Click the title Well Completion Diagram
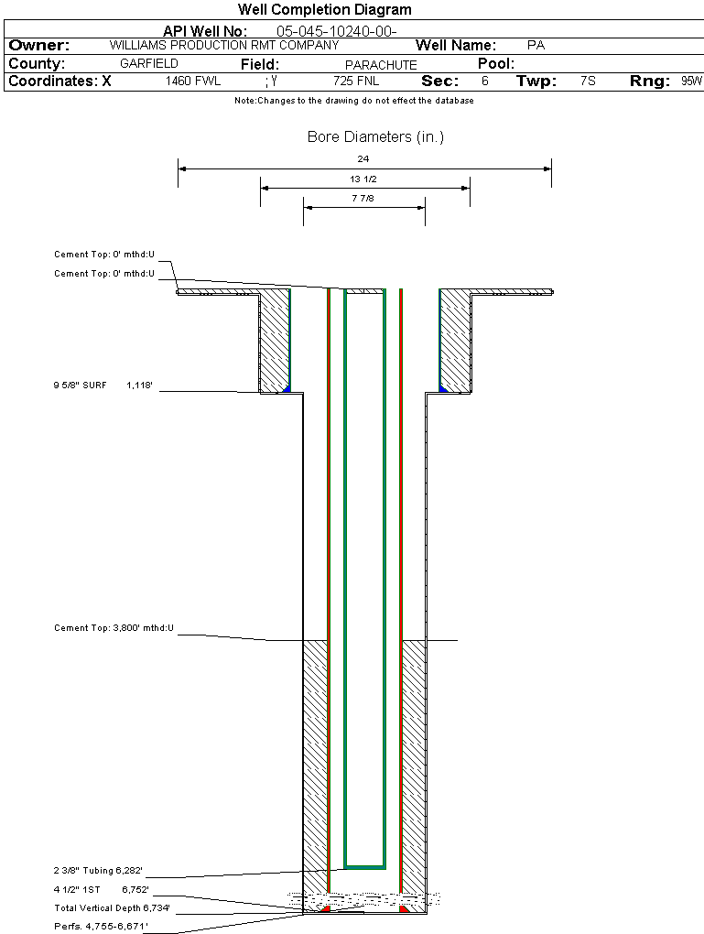click(324, 10)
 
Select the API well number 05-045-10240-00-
click(336, 31)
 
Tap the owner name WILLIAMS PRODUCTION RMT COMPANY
click(224, 45)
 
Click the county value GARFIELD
click(149, 64)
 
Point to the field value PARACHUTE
click(381, 65)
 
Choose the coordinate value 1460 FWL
click(193, 81)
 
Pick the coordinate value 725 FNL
click(356, 81)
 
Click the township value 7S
click(588, 81)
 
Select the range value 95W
click(691, 81)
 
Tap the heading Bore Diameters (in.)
click(375, 137)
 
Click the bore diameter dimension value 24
click(363, 159)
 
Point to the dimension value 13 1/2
click(363, 179)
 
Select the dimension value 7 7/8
click(363, 198)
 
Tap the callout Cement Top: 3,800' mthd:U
click(114, 628)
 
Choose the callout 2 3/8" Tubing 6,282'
click(98, 871)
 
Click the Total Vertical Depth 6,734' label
click(112, 908)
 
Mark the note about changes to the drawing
click(354, 101)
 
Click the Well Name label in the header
click(456, 45)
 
